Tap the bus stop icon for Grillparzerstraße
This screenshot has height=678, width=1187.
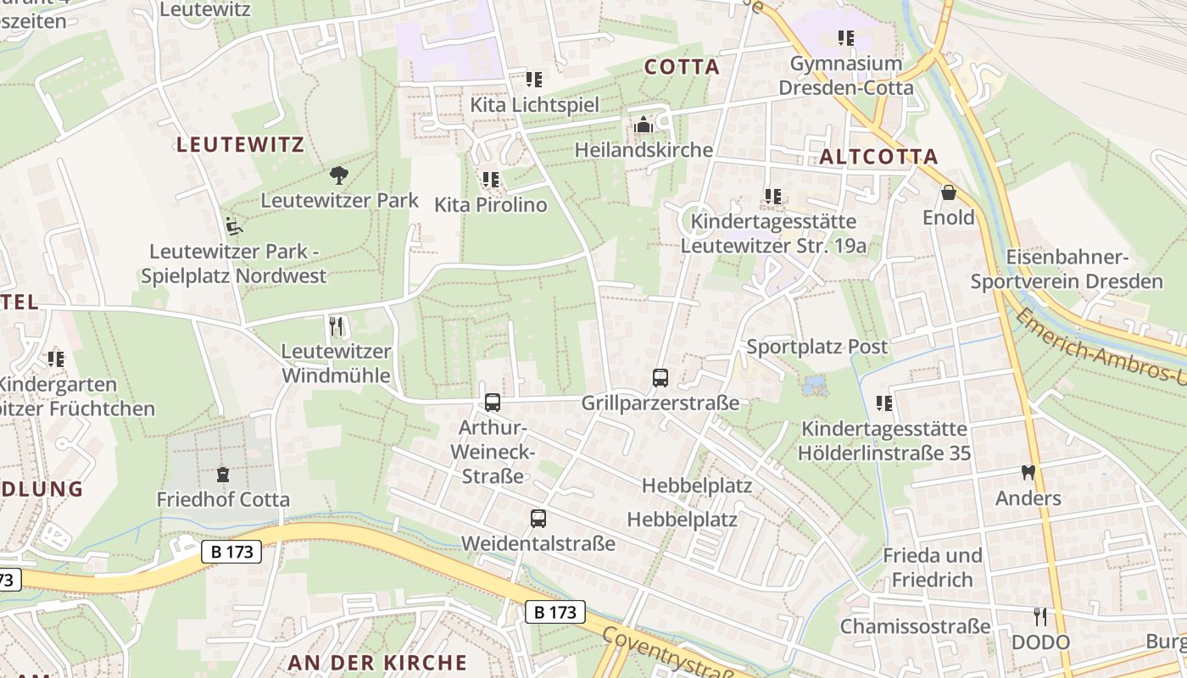click(x=660, y=378)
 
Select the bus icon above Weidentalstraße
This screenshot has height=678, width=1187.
click(x=538, y=518)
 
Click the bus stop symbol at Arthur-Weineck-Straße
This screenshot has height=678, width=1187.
click(x=493, y=403)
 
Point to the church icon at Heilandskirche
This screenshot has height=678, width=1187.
click(x=644, y=125)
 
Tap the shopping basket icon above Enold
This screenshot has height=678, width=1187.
click(x=948, y=193)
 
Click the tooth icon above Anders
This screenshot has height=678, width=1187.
click(x=1028, y=473)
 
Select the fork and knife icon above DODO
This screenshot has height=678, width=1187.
click(x=1040, y=616)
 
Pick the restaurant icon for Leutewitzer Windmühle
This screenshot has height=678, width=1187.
click(x=336, y=326)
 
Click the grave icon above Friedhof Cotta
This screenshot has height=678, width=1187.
click(x=223, y=475)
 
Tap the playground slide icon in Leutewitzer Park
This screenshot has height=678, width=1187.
click(x=234, y=226)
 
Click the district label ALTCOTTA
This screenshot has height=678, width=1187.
click(x=879, y=157)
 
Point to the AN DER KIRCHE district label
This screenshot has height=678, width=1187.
click(x=377, y=663)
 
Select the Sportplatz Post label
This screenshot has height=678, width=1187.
click(x=816, y=347)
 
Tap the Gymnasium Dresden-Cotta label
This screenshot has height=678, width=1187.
click(x=845, y=75)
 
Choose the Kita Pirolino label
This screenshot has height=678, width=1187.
click(x=491, y=205)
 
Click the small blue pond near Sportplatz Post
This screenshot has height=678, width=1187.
click(x=815, y=386)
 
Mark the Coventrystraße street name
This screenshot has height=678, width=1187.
click(x=670, y=654)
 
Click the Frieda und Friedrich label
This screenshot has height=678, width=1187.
click(x=932, y=567)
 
